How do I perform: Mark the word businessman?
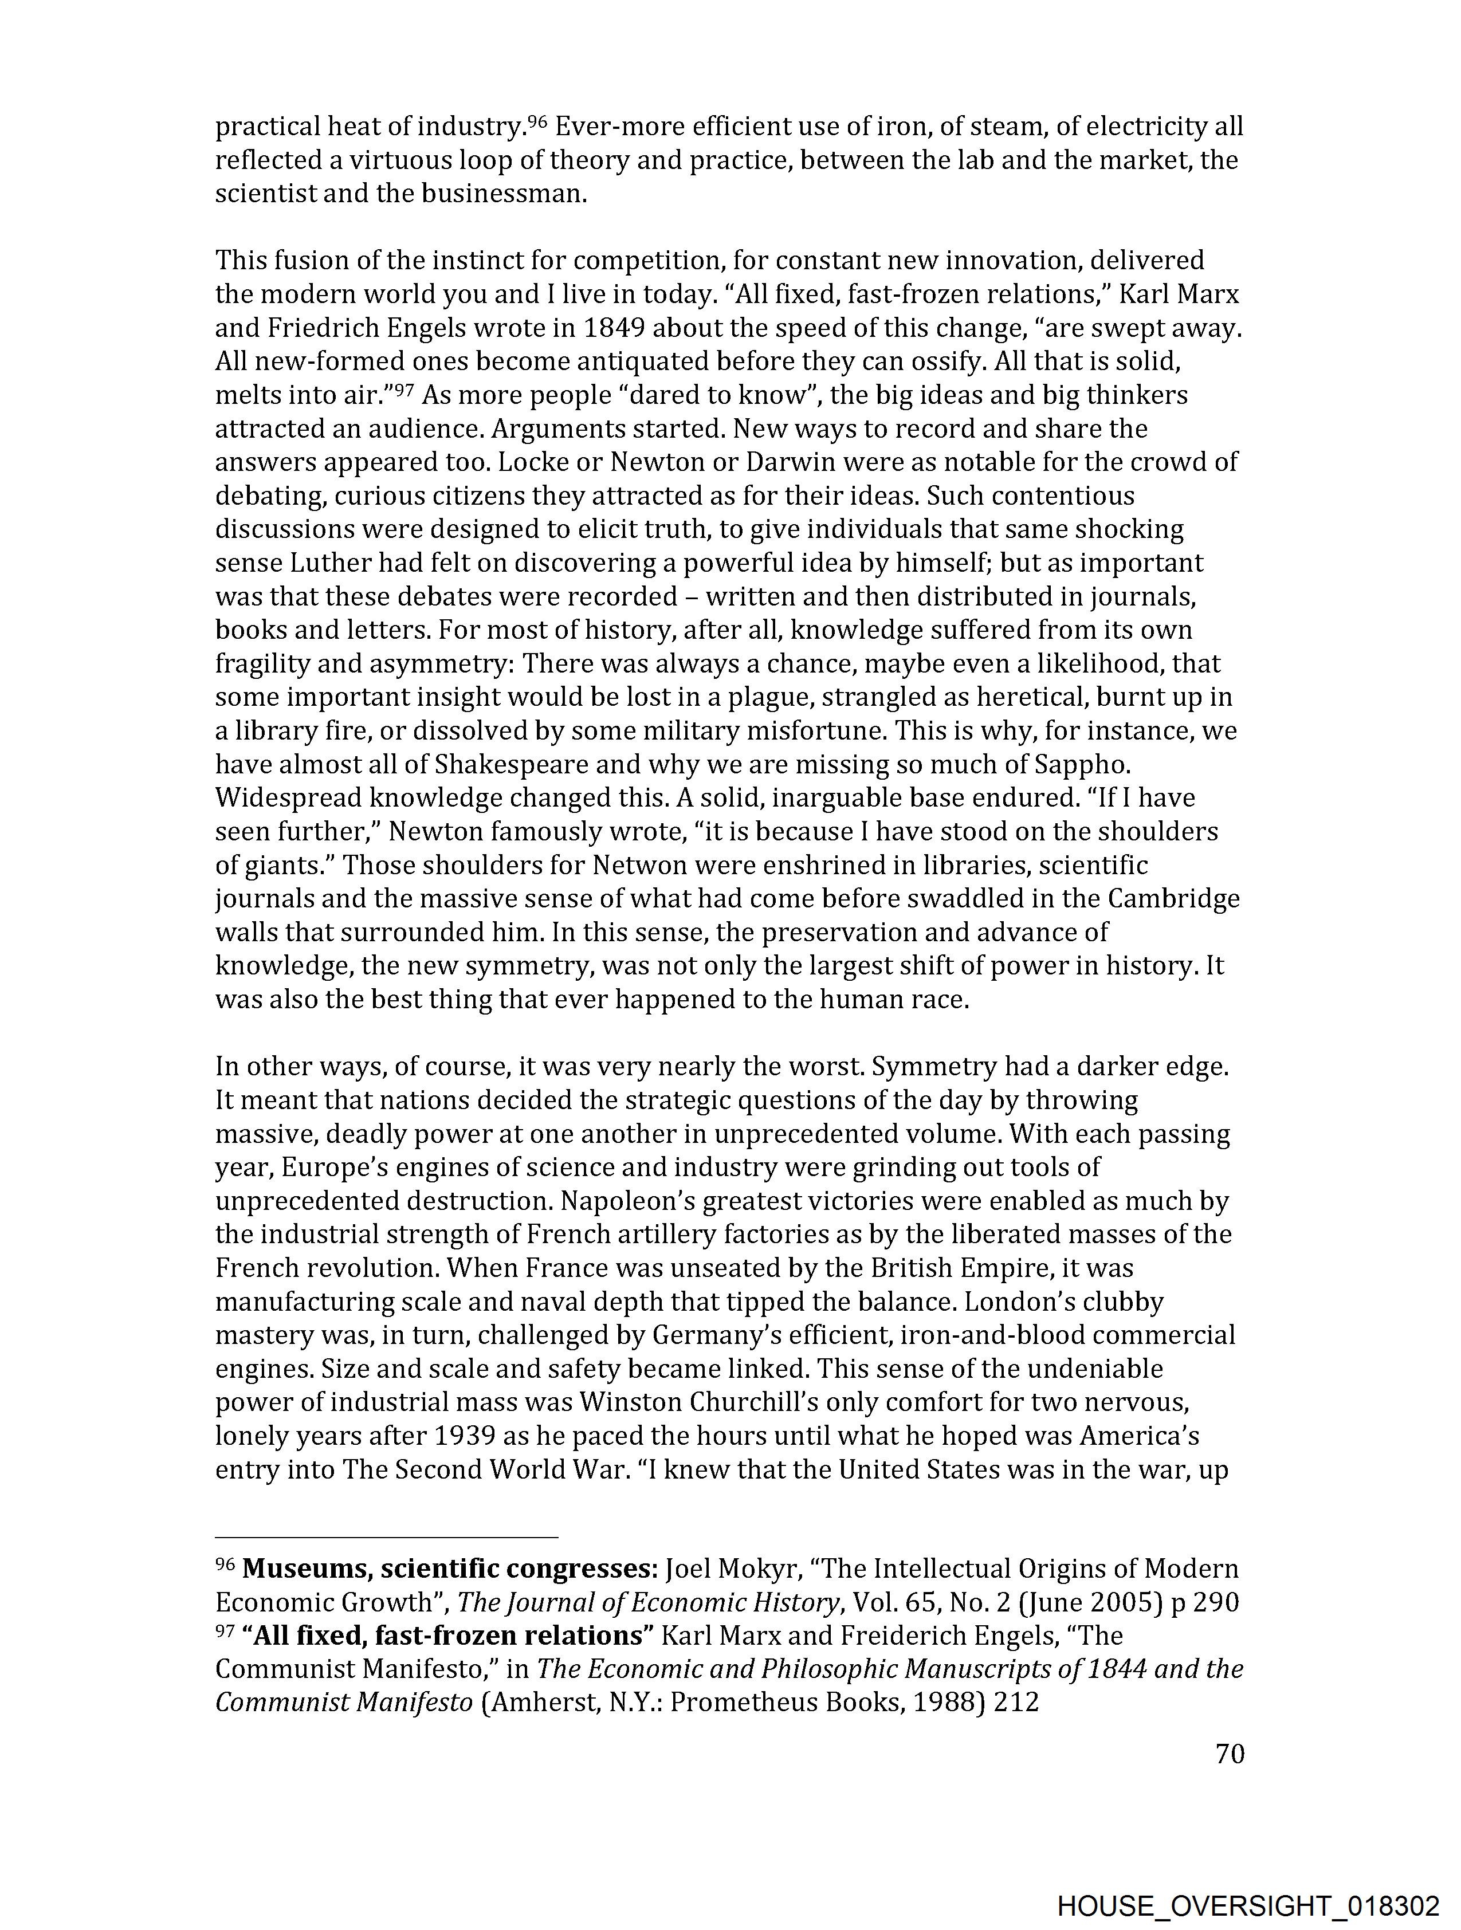point(504,194)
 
